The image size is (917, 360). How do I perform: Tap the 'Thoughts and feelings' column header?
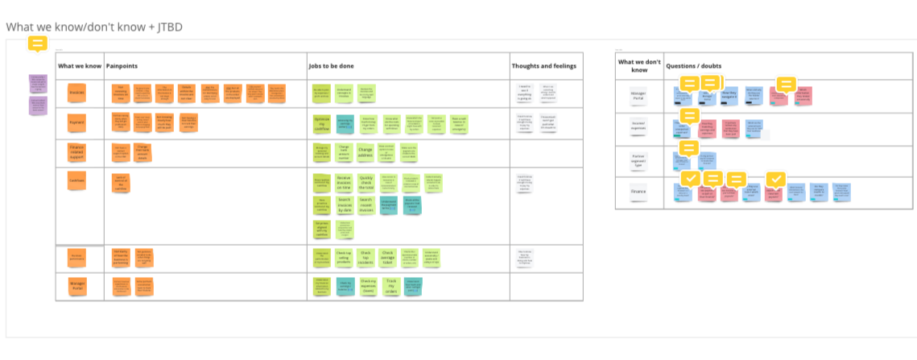point(544,65)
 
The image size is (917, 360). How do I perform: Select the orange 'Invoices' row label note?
point(77,93)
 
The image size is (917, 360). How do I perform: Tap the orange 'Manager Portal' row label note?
point(77,285)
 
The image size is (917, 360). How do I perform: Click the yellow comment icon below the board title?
point(38,43)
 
